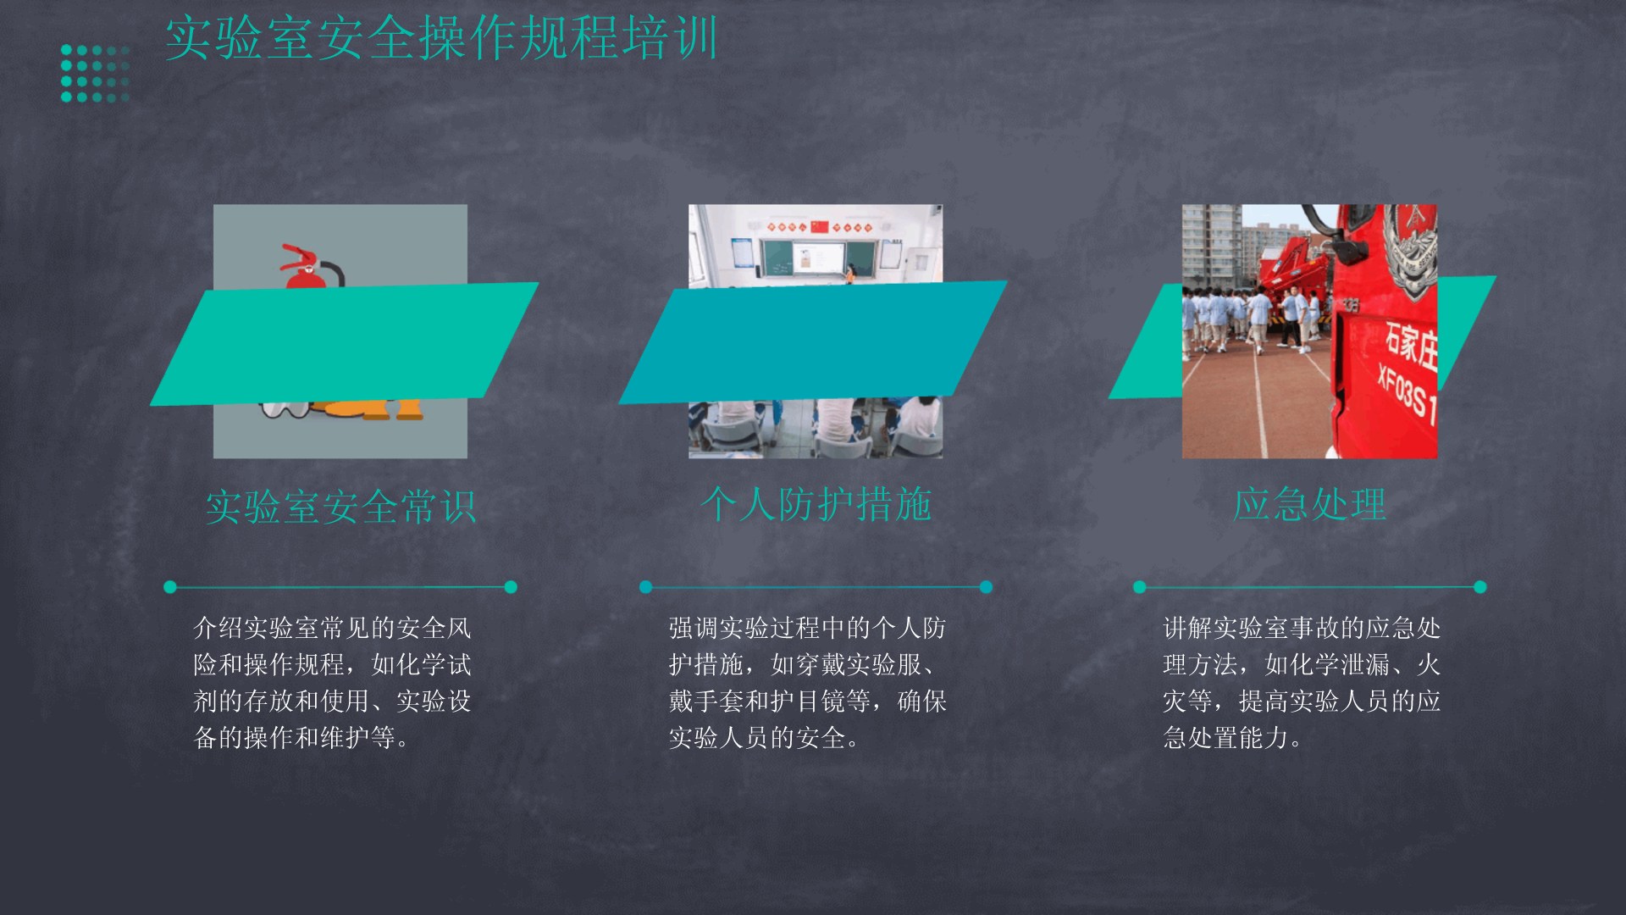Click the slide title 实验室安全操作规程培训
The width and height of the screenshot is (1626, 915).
[441, 38]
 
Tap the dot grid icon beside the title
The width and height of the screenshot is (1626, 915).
[95, 74]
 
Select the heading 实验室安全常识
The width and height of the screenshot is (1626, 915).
[340, 507]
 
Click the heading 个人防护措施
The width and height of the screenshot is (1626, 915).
[816, 504]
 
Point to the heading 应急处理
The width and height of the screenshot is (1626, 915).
[1309, 504]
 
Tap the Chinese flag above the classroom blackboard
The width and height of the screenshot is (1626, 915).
[819, 226]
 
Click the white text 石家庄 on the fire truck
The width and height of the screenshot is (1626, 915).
[1412, 345]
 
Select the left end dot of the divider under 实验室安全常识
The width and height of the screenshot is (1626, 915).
[170, 587]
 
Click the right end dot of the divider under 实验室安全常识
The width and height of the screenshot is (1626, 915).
[511, 587]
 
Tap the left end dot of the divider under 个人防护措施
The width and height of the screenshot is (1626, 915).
[646, 587]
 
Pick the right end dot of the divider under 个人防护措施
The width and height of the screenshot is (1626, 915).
[986, 587]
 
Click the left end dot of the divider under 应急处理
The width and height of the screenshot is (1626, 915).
[1140, 587]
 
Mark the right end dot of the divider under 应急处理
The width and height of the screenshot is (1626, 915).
[1480, 587]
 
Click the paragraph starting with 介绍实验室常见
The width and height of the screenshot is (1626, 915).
[332, 683]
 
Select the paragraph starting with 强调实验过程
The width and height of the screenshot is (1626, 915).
[808, 683]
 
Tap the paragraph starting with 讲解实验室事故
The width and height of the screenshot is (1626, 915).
[1302, 683]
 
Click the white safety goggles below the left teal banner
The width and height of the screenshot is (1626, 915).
[285, 409]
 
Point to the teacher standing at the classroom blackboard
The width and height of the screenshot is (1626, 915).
[849, 273]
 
